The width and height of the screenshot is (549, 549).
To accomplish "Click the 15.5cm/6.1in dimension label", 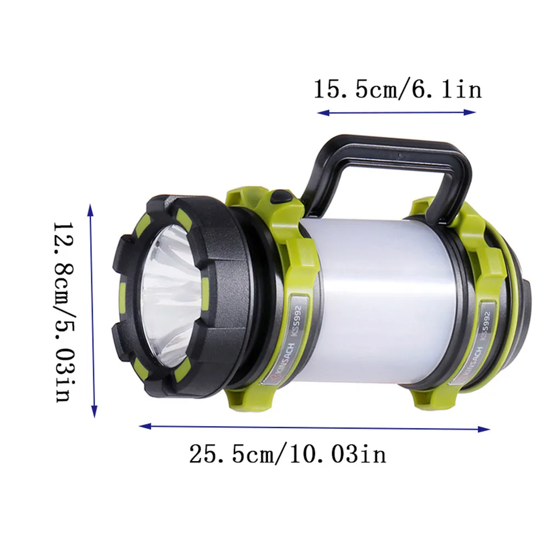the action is [397, 89].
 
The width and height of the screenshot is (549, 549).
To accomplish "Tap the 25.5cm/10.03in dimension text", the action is [288, 455].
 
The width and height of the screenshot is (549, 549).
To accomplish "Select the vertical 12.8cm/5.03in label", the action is [64, 312].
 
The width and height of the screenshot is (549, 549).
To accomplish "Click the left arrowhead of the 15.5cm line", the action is [323, 113].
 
